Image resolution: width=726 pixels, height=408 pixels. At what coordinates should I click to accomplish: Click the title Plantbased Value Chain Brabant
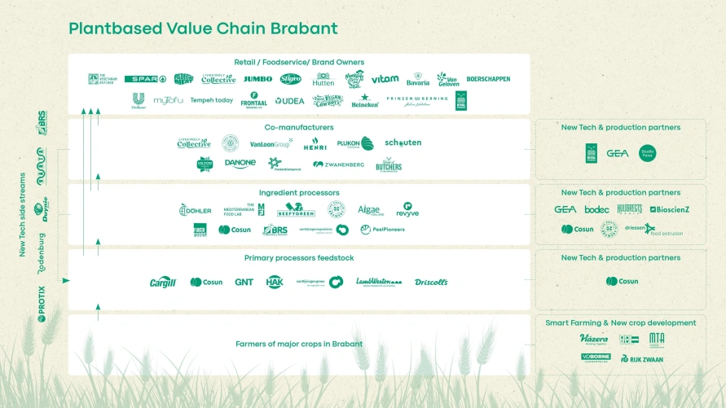point(203,29)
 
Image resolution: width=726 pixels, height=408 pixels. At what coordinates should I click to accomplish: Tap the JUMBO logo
point(257,79)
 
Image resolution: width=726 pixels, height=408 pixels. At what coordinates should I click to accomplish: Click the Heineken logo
point(365,102)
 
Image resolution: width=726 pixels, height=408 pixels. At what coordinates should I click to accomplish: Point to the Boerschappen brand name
point(488,79)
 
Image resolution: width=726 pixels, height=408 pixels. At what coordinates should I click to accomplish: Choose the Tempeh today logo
point(212,101)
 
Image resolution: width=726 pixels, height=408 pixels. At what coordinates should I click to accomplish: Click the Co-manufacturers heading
point(299,127)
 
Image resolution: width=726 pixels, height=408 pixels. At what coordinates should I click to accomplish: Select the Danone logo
point(240,164)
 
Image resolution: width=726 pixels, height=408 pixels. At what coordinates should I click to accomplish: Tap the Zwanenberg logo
point(338,164)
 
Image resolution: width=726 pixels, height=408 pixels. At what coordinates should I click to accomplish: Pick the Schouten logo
point(403,143)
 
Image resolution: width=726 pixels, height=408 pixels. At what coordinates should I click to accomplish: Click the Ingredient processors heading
point(299,193)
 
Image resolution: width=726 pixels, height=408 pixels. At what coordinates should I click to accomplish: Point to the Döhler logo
point(196,210)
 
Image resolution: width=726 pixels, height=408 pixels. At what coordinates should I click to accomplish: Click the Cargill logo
point(163,283)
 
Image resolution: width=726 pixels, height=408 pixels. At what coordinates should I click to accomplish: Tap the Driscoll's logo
point(431,282)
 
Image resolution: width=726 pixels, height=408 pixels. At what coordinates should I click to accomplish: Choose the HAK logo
point(275,282)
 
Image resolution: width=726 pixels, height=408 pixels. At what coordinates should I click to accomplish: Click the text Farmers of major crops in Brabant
point(299,344)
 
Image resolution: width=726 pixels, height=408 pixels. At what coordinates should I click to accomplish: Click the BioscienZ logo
point(670,209)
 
